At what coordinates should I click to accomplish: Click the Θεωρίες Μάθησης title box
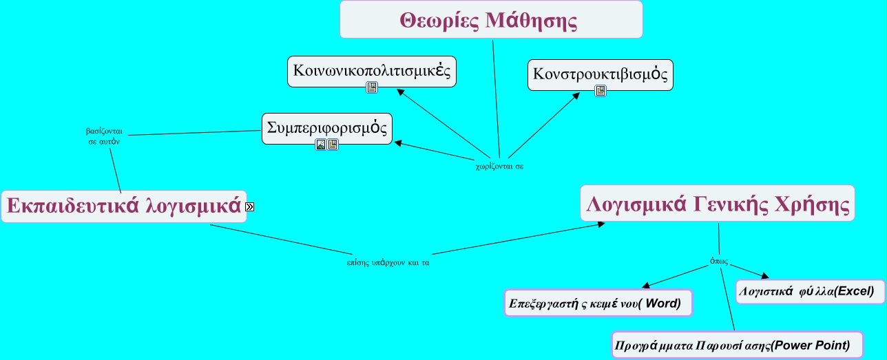click(491, 19)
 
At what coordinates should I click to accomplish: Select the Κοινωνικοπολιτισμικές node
click(371, 71)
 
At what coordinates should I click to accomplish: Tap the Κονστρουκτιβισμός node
click(601, 75)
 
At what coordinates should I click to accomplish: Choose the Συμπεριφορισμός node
click(326, 129)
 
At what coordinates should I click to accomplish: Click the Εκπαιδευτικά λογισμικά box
click(124, 207)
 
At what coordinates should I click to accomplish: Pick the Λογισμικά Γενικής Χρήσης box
click(718, 203)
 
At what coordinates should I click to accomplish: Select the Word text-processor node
click(598, 303)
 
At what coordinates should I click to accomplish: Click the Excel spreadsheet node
click(810, 292)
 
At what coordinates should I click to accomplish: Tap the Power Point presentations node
click(738, 346)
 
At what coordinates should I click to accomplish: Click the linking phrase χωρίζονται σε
click(499, 167)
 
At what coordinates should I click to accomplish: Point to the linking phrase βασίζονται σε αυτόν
click(104, 136)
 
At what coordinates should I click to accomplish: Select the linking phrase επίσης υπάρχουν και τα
click(388, 263)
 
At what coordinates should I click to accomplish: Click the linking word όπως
click(719, 261)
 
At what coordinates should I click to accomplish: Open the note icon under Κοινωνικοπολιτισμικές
click(371, 87)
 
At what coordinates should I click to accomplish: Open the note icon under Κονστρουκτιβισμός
click(601, 91)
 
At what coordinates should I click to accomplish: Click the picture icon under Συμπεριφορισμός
click(321, 145)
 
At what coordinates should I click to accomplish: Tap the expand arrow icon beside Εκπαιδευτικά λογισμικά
click(249, 207)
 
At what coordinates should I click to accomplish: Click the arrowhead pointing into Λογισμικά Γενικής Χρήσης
click(601, 224)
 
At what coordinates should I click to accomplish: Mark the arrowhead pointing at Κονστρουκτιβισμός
click(576, 96)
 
